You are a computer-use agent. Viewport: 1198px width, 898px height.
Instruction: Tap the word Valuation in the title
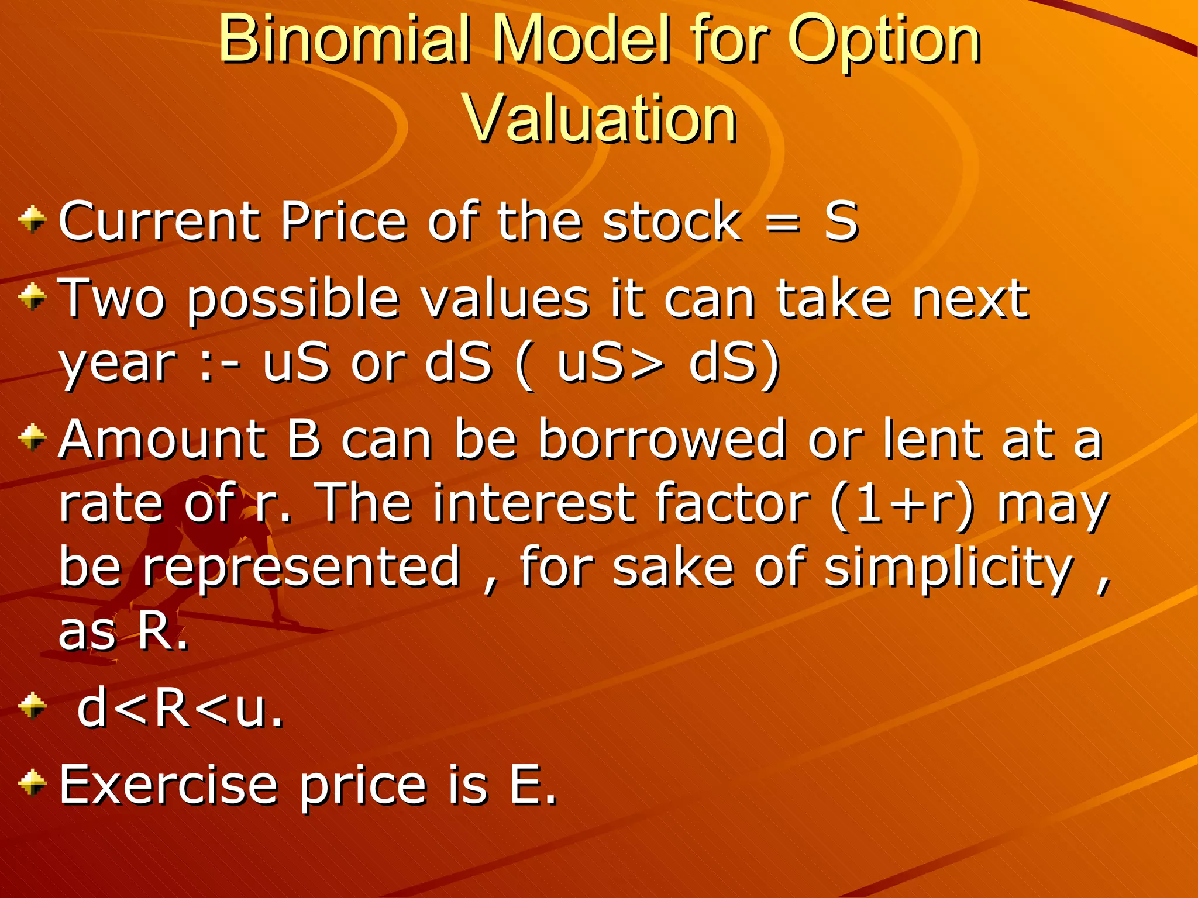(600, 119)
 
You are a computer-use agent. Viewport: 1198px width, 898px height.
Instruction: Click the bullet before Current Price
(33, 220)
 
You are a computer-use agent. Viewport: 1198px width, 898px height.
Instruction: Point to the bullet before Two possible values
(33, 298)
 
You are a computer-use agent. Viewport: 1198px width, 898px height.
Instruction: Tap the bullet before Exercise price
(33, 783)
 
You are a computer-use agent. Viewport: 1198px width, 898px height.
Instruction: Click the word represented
(302, 568)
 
